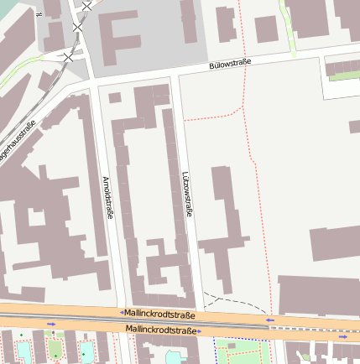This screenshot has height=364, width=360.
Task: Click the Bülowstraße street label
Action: coord(231,65)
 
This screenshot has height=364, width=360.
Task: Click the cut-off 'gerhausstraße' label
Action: coord(17,143)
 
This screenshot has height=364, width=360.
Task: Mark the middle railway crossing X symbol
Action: coord(78,28)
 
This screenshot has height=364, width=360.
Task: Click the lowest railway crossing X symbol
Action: coord(68,56)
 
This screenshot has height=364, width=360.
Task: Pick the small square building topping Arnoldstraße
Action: coord(115,97)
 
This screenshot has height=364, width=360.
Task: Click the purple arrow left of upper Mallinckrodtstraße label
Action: coord(122,312)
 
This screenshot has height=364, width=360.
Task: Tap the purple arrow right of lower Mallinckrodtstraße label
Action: coord(201,331)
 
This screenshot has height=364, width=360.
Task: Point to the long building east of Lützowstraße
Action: coord(222,226)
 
